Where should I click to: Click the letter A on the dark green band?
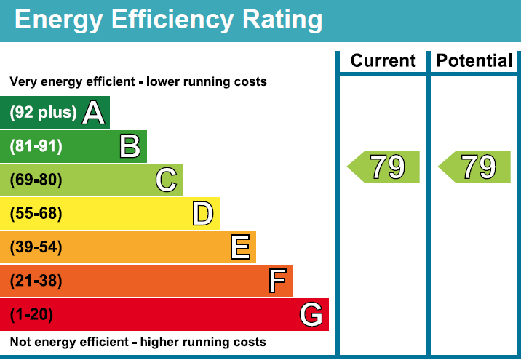pyautogui.click(x=94, y=113)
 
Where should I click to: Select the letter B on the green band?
pyautogui.click(x=130, y=147)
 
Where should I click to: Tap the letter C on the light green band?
pyautogui.click(x=167, y=180)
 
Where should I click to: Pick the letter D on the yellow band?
pyautogui.click(x=203, y=214)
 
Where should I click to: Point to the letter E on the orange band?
pyautogui.click(x=240, y=247)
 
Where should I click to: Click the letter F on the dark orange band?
pyautogui.click(x=277, y=281)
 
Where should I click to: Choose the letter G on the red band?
pyautogui.click(x=311, y=315)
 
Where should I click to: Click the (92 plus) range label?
pyautogui.click(x=43, y=113)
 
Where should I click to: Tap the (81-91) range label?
pyautogui.click(x=36, y=147)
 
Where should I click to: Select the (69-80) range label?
pyautogui.click(x=36, y=180)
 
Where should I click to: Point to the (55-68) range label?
pyautogui.click(x=36, y=214)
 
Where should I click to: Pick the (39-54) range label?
pyautogui.click(x=36, y=247)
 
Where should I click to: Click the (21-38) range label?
pyautogui.click(x=36, y=281)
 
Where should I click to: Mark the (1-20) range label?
pyautogui.click(x=31, y=315)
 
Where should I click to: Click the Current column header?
pyautogui.click(x=383, y=61)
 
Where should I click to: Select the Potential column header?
pyautogui.click(x=474, y=61)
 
